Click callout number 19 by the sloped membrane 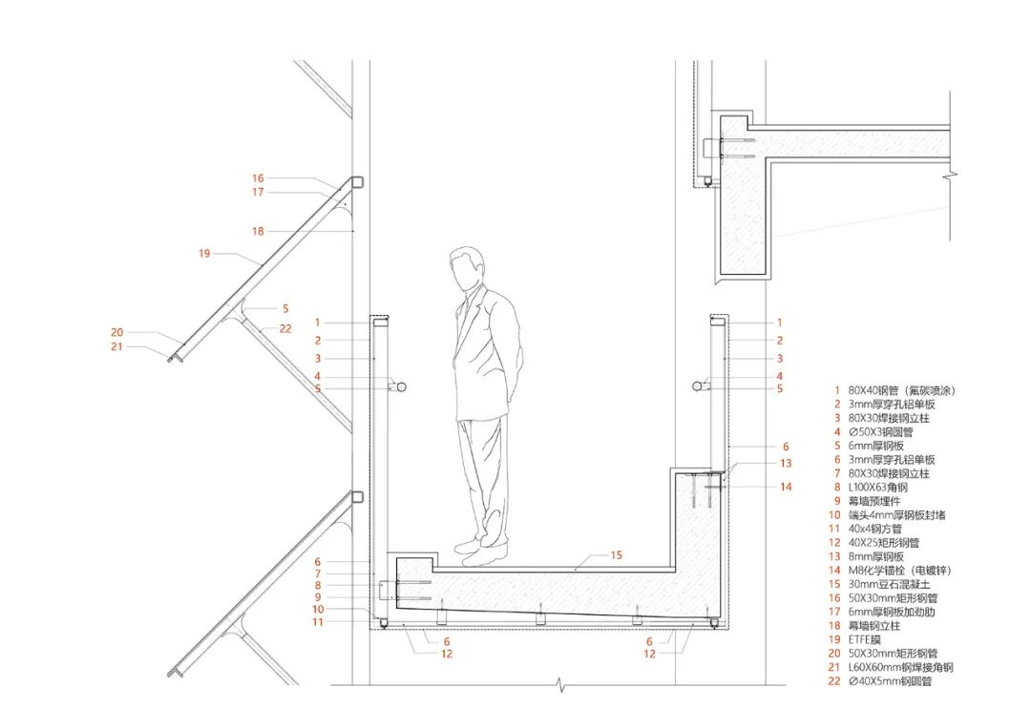coord(204,254)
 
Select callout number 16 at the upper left coord(258,178)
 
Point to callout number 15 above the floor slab coord(616,554)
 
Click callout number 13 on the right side coord(785,463)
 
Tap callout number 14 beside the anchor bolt coord(785,487)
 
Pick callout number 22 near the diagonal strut coord(284,328)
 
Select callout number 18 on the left coord(258,231)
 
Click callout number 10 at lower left coord(318,609)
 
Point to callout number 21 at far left coord(117,346)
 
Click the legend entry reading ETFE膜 coord(870,639)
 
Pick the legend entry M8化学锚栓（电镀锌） coord(902,571)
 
